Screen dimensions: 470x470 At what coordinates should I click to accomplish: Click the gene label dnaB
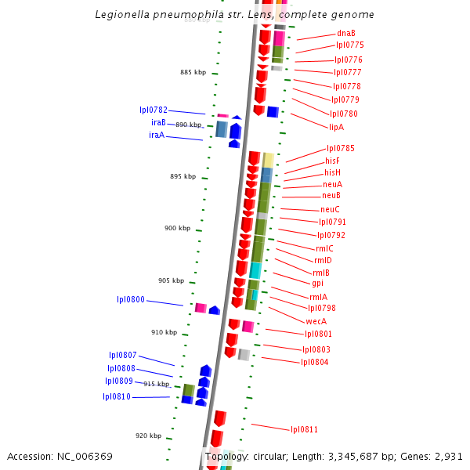click(345, 33)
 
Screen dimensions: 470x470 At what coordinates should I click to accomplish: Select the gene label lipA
click(336, 127)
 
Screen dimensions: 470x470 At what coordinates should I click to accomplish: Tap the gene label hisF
click(332, 161)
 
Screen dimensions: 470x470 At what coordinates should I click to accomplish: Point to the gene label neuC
click(330, 209)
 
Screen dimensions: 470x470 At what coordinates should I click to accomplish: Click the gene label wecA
click(316, 321)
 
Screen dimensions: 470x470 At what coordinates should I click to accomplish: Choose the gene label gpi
click(317, 284)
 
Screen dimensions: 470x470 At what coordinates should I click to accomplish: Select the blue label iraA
click(157, 135)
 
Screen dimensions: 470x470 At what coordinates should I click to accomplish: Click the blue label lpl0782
click(154, 110)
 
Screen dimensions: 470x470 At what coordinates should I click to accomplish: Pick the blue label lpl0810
click(117, 396)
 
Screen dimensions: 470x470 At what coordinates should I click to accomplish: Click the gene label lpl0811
click(304, 429)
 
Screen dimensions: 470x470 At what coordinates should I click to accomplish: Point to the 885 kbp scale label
click(193, 72)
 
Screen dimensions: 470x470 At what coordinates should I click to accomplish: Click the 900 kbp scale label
click(177, 228)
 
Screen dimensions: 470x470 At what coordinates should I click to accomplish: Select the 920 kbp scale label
click(148, 436)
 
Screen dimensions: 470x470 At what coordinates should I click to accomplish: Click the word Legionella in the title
click(121, 15)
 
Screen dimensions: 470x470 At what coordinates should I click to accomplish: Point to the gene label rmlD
click(323, 260)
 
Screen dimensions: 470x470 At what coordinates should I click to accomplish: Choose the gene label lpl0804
click(315, 362)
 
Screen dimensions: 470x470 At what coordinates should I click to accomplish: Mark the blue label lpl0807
click(123, 355)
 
